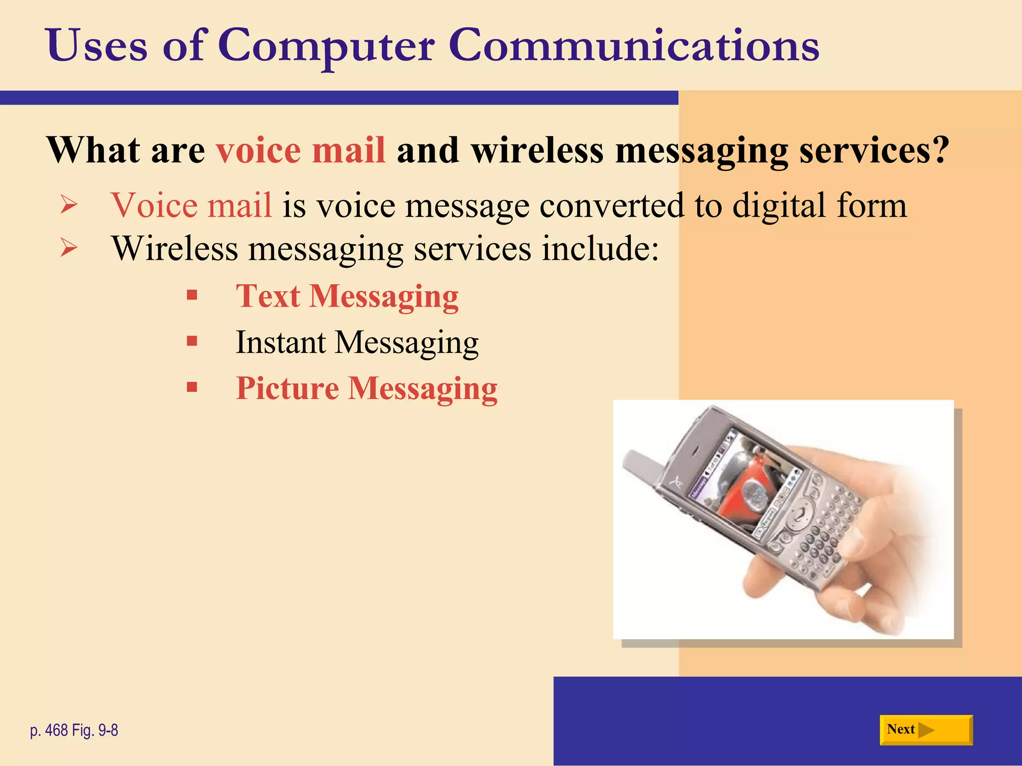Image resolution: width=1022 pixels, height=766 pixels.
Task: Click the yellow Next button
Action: (x=926, y=730)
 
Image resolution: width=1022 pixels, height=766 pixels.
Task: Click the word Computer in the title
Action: (x=326, y=46)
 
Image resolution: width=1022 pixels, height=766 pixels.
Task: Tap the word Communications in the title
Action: (x=634, y=46)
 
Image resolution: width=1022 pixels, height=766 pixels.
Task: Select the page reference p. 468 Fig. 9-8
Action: (x=74, y=731)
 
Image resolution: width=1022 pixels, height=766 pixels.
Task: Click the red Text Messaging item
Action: (x=347, y=297)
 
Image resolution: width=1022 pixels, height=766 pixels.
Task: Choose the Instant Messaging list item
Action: (x=357, y=343)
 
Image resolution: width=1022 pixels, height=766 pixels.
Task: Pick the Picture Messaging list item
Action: (x=366, y=389)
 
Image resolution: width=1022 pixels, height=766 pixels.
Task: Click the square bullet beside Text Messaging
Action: (x=192, y=296)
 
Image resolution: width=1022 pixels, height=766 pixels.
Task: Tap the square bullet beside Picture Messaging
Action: (x=192, y=387)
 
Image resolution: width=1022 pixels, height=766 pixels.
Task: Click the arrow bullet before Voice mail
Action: (x=69, y=205)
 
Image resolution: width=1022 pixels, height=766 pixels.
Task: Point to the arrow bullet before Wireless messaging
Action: (x=69, y=248)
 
